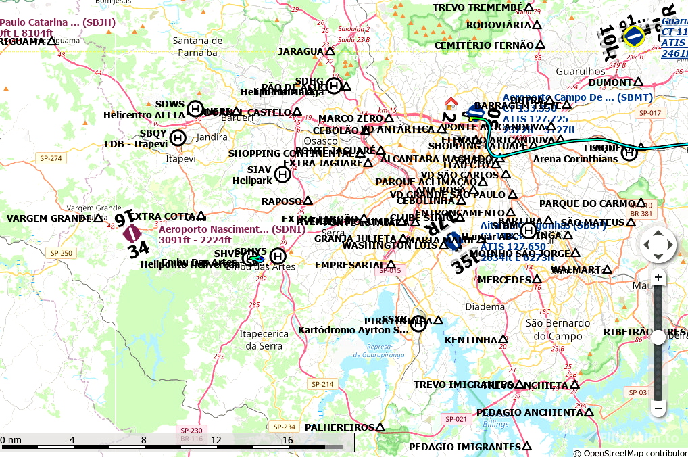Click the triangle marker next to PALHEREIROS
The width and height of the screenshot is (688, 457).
(x=380, y=427)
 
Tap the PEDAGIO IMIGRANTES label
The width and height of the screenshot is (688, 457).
(x=464, y=447)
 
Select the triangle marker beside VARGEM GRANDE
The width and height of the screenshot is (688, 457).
(x=98, y=218)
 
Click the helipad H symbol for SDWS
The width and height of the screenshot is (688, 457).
(x=195, y=108)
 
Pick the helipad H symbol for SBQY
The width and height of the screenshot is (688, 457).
(x=178, y=138)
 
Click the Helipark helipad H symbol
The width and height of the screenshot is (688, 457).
(x=283, y=174)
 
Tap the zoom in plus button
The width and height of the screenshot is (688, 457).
(x=658, y=277)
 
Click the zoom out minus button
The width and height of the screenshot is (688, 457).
(x=658, y=408)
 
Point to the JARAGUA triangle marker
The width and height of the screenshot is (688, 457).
(x=330, y=51)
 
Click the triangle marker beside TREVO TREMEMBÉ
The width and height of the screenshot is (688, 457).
(x=529, y=8)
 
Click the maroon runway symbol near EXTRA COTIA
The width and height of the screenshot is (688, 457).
(x=132, y=234)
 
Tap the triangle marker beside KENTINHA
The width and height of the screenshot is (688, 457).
(x=503, y=339)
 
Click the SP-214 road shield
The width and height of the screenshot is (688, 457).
(x=322, y=384)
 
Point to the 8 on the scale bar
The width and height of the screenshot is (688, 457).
(x=143, y=441)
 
